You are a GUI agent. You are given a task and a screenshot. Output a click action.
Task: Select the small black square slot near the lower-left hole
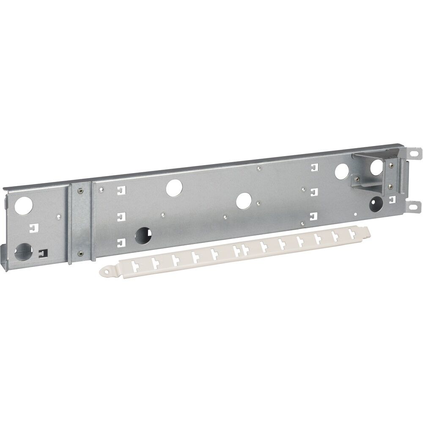point(42,253)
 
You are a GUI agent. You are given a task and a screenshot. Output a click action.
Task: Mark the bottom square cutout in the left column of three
point(121,242)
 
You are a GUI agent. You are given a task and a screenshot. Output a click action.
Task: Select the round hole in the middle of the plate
point(244,201)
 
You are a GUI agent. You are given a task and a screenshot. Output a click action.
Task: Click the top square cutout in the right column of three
point(313,167)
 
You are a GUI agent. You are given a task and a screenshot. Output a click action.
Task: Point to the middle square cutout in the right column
point(313,192)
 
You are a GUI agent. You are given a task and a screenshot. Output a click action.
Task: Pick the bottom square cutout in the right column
point(313,216)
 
